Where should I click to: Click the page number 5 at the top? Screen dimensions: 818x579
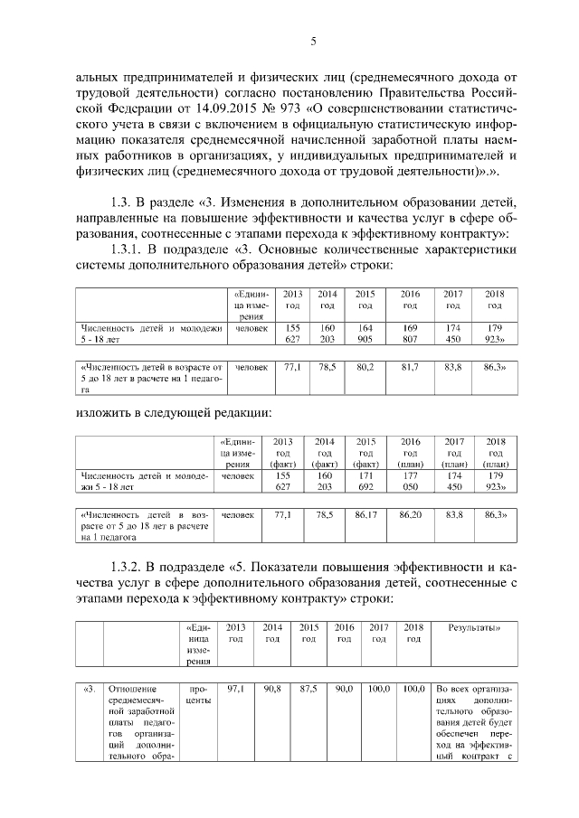313,42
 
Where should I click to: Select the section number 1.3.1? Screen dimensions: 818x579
128,249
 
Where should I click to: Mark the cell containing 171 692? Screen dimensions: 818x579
365,480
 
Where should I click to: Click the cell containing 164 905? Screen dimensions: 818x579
365,334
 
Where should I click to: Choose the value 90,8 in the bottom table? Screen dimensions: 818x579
272,689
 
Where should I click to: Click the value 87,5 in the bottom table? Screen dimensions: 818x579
308,689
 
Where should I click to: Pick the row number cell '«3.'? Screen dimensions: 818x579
89,689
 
